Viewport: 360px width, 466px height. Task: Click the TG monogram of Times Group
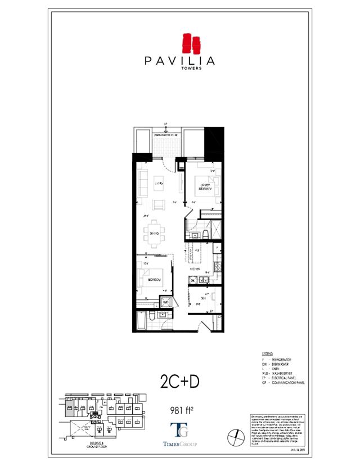(179, 431)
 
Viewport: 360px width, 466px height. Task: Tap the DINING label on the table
(155, 233)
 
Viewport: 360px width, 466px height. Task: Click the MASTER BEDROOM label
(202, 186)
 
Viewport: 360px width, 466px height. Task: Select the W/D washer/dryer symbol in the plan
(165, 302)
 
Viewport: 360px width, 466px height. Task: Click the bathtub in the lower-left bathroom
(141, 322)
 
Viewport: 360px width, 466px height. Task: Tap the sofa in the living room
(141, 181)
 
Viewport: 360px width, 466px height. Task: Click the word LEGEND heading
(268, 353)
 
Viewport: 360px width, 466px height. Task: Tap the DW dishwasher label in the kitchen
(192, 280)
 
